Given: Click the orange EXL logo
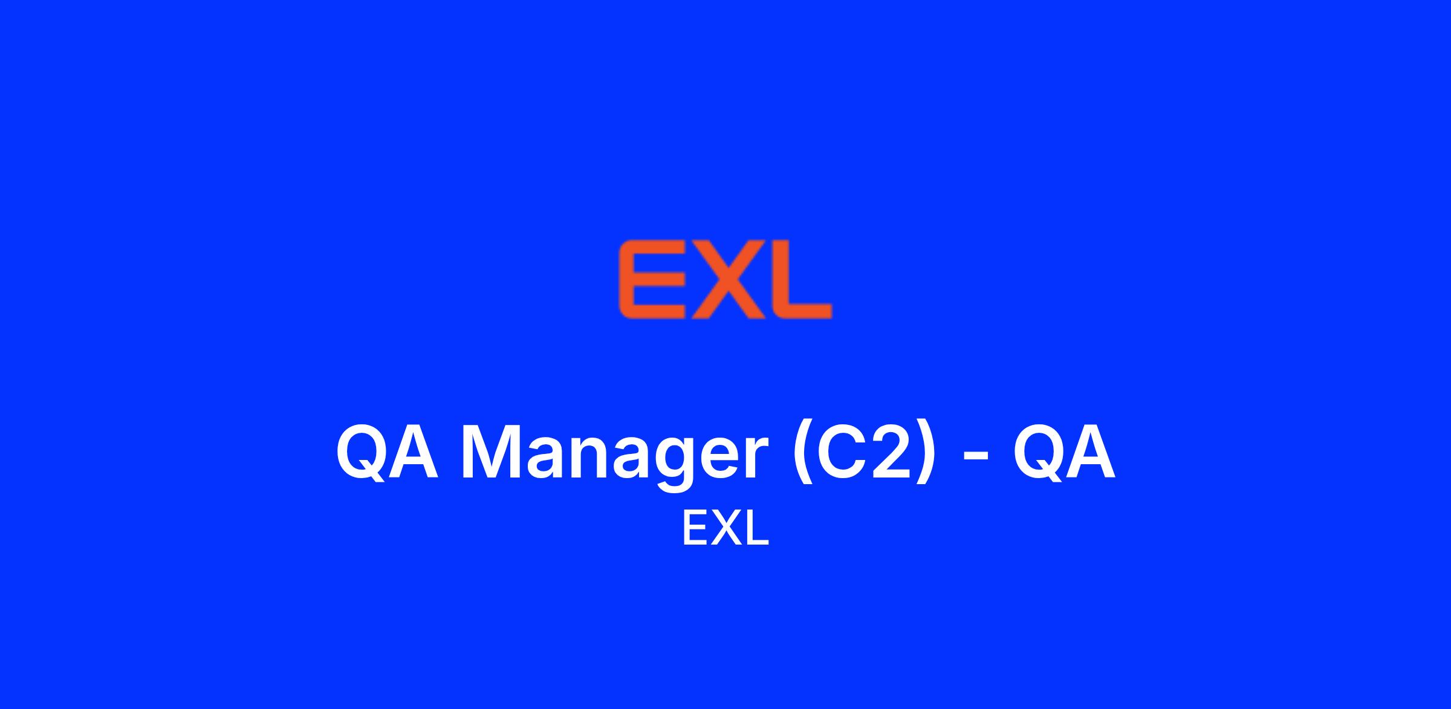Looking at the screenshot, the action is (725, 279).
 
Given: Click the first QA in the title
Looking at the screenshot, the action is (387, 452).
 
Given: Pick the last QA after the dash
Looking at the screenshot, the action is (1065, 452).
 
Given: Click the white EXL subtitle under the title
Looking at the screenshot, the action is (725, 528).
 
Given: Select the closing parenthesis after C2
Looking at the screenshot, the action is (925, 454).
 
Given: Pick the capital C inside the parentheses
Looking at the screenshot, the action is (842, 452).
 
